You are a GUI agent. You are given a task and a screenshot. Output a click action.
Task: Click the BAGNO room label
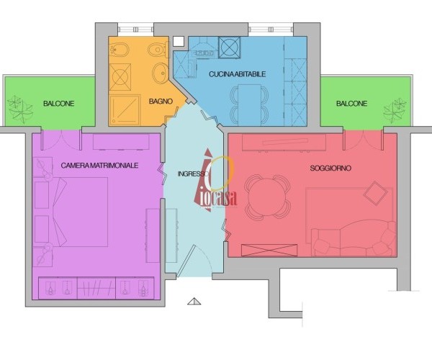point(161,102)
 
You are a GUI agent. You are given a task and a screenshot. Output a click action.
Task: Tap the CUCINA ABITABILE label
point(237,74)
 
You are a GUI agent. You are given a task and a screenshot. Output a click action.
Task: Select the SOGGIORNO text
point(330,168)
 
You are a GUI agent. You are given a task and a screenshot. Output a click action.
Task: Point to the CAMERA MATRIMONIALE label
point(99,166)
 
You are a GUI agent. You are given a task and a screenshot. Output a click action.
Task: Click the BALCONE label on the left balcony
point(59,104)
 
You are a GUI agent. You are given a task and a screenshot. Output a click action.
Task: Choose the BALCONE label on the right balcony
point(351,104)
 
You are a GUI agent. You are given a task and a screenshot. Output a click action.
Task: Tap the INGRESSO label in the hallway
point(193,174)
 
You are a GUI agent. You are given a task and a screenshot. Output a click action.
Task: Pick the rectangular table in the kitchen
point(250,105)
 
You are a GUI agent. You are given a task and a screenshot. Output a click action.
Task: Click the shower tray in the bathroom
point(125,110)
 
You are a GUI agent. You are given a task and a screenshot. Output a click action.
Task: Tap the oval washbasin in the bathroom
point(160,73)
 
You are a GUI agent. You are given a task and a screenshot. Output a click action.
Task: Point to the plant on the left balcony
point(20,109)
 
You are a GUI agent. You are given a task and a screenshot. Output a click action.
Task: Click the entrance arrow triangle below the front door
point(194,302)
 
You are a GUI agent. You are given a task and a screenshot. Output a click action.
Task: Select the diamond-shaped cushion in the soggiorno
point(376,193)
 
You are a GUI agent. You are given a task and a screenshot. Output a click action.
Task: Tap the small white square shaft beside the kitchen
point(179,41)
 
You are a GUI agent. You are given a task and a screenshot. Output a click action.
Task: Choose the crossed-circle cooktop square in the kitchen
point(230,48)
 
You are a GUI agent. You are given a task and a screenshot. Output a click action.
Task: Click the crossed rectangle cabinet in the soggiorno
point(269,250)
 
